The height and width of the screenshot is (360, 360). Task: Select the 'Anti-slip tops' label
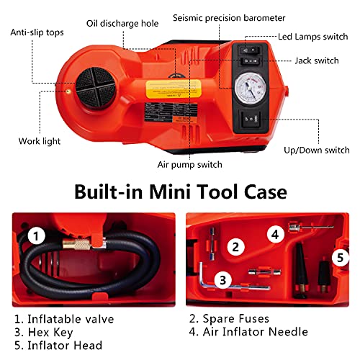(36, 32)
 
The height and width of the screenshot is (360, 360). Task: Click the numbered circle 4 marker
(274, 234)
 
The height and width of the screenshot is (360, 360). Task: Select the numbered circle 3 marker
(223, 281)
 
